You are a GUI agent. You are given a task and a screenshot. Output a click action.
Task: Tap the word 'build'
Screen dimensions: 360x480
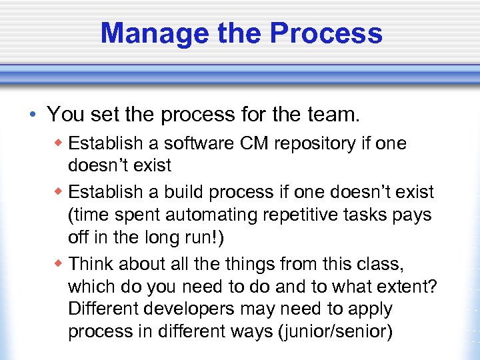pyautogui.click(x=179, y=192)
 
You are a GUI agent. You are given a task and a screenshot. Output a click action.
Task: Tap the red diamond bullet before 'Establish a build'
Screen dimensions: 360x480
pyautogui.click(x=61, y=192)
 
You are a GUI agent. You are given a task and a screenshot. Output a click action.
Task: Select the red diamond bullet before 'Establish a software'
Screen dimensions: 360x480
pyautogui.click(x=61, y=143)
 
